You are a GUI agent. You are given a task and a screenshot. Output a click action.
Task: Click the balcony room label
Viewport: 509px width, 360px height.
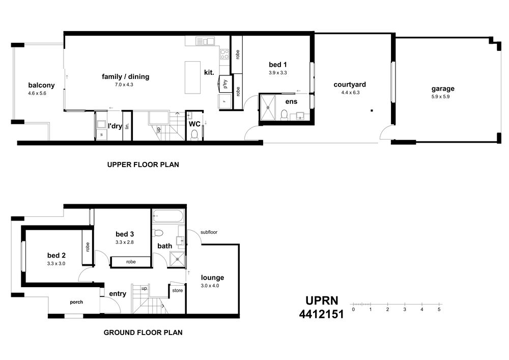coord(41,85)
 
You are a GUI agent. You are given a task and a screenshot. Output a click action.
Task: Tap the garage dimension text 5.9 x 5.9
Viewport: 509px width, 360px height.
coord(440,96)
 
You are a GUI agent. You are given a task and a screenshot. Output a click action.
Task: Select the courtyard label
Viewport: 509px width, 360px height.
coord(350,85)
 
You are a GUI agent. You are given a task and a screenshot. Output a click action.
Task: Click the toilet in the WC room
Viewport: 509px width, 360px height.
coord(194,135)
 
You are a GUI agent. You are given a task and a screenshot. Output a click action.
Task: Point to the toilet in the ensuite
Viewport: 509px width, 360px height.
coord(285,115)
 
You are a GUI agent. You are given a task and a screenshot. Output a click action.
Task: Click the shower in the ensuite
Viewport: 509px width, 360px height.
coord(268,107)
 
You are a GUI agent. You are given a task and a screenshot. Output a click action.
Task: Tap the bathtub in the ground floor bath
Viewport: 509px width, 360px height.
coord(168,215)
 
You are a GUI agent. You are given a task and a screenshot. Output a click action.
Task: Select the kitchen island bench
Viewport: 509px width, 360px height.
coord(192,77)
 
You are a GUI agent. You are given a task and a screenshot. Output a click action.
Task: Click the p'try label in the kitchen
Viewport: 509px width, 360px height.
coord(225,84)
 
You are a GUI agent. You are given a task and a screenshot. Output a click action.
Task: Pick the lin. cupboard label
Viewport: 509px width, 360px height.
coord(127,126)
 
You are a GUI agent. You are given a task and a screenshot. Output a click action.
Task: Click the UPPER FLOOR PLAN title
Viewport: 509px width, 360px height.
coord(143,164)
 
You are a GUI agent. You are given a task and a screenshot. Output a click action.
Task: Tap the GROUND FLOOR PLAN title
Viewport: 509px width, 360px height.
coord(143,333)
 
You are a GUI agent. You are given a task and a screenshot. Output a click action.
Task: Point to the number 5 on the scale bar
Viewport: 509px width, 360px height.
coord(439,310)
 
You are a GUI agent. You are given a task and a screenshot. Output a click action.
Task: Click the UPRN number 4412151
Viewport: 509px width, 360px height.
coord(321,314)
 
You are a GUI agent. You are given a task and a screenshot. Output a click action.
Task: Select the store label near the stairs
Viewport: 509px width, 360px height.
coord(178,291)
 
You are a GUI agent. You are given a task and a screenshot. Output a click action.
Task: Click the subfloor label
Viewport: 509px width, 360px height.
coord(209,232)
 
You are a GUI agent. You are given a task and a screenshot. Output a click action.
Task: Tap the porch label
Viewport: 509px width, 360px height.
coord(76,302)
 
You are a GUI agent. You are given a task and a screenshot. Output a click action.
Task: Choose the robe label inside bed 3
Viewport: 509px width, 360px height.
coord(131,262)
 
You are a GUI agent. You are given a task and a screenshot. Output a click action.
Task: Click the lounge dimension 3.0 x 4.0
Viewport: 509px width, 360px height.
coord(210,286)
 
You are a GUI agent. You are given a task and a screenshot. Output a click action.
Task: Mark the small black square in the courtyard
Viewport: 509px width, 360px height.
coord(372,110)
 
